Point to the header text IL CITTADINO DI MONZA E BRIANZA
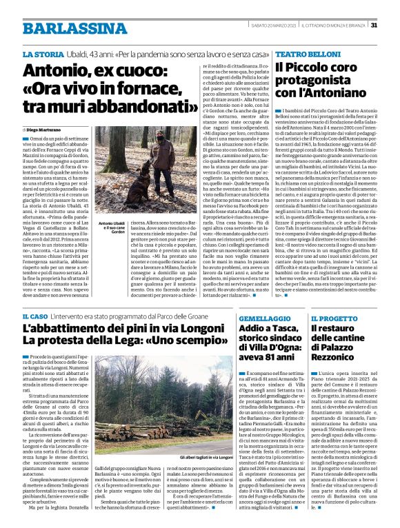(336, 26)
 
